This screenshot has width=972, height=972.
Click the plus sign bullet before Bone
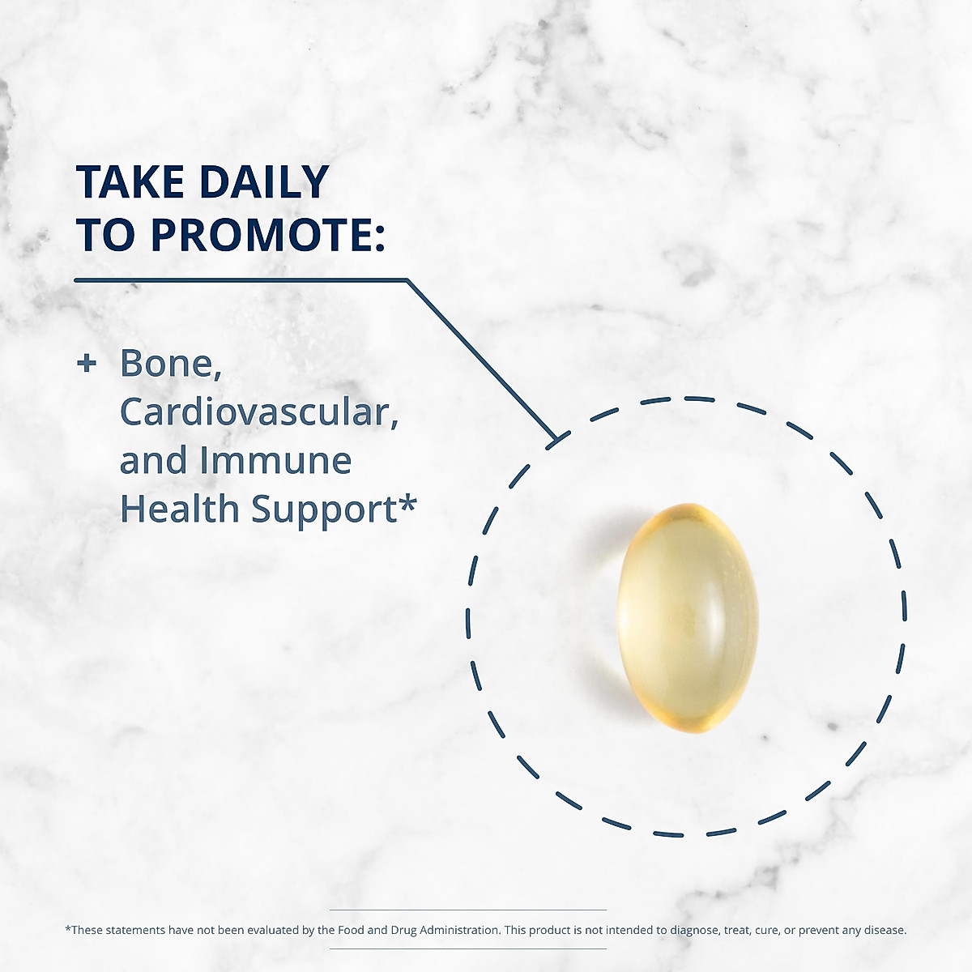[87, 363]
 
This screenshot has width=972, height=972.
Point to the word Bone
[171, 363]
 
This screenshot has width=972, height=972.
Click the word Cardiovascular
[259, 412]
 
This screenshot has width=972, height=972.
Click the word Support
[324, 510]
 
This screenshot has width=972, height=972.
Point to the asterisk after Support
[407, 503]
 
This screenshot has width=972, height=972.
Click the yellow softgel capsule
[688, 617]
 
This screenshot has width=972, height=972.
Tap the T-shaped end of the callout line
[558, 439]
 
